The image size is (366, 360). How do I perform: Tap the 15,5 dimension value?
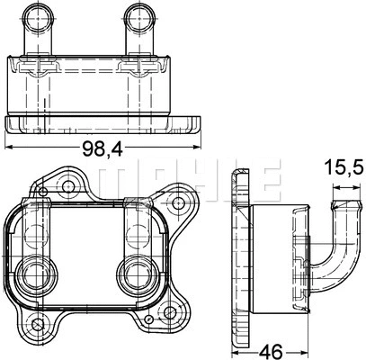point(342,168)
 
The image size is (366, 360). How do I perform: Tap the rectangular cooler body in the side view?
point(279,261)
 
